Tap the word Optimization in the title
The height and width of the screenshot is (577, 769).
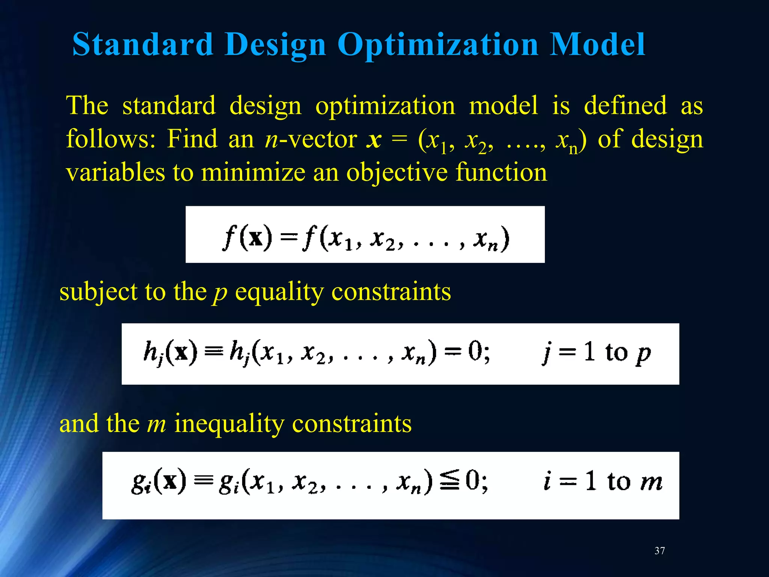[x=438, y=45]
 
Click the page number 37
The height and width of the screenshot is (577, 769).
[x=659, y=551]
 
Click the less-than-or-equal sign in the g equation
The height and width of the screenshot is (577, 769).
[x=449, y=481]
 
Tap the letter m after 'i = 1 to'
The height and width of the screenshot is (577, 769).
[x=652, y=482]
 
